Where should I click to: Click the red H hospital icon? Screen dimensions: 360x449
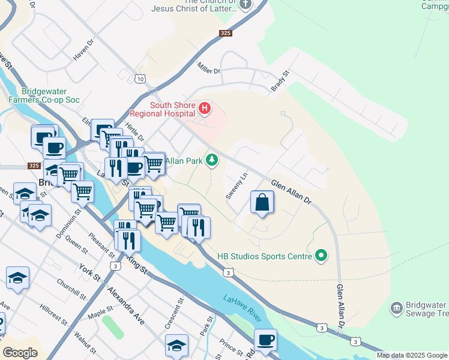coord(205,109)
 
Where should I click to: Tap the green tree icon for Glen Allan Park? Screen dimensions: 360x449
coord(211,160)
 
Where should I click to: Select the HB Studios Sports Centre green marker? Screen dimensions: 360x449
coord(321,256)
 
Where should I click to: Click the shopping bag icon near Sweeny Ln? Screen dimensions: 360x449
coord(262,202)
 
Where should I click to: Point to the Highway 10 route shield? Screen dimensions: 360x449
coord(140,79)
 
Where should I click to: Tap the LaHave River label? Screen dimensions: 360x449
coord(244,304)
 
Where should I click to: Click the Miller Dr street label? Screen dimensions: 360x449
coord(209,71)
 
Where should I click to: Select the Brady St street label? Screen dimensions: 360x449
coord(280,81)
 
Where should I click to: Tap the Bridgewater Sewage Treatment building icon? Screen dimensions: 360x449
coord(396,308)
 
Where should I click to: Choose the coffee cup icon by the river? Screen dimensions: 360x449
coord(265,340)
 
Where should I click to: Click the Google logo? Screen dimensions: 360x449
coord(20,353)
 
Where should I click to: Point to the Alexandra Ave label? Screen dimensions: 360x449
coord(126,306)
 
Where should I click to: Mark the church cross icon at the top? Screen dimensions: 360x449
coord(245,4)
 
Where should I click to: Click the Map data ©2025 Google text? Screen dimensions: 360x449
coord(412,355)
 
